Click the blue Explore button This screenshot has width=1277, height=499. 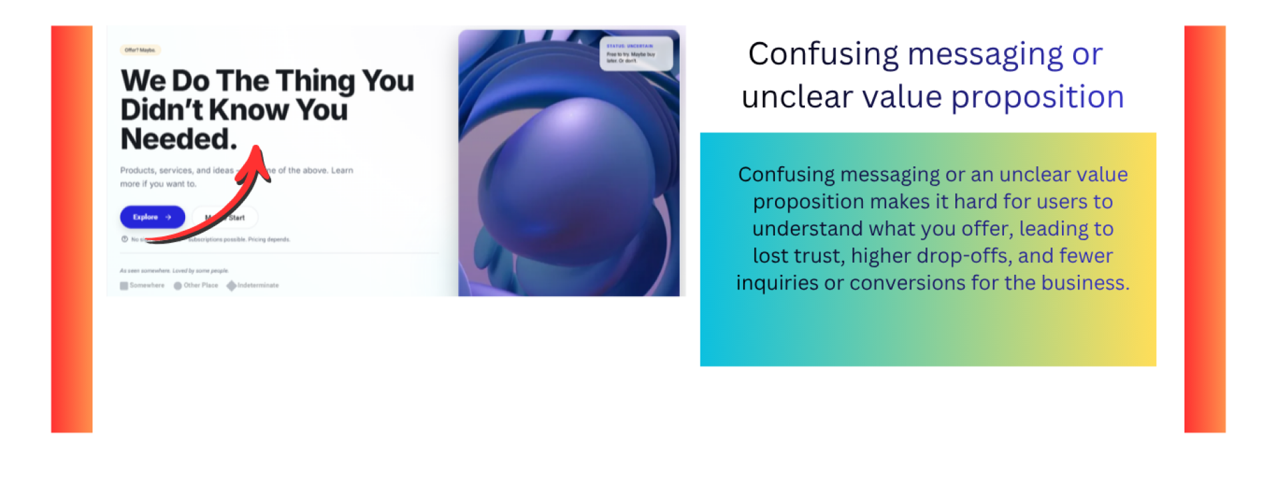[x=152, y=217]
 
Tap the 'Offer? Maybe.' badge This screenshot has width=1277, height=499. [x=140, y=50]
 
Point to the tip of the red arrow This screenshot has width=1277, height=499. [x=258, y=147]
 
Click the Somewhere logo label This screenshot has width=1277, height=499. [x=146, y=285]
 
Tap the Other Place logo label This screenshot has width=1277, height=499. [x=200, y=285]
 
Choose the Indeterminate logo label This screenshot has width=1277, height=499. [x=258, y=285]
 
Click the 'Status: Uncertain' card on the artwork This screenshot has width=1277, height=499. [x=635, y=54]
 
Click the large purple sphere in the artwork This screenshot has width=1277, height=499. [x=566, y=173]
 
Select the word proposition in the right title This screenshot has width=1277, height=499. [x=1037, y=97]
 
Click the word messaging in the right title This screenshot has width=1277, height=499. [x=985, y=55]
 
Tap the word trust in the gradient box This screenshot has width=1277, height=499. [x=821, y=256]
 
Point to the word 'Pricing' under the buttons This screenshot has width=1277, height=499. [x=256, y=240]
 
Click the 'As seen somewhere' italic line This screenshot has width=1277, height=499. [x=174, y=271]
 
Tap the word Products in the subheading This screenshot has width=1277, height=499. [x=137, y=170]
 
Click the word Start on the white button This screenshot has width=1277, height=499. [x=236, y=218]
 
